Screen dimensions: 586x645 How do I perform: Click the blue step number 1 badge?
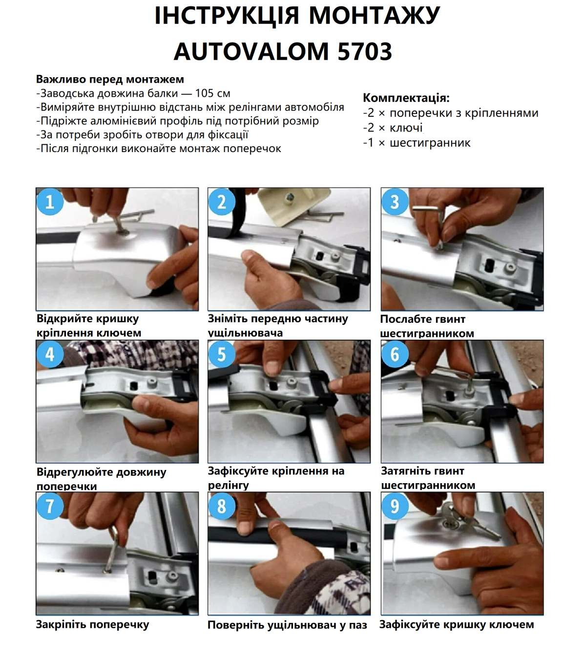click(50, 202)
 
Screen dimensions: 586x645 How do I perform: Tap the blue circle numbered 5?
click(222, 354)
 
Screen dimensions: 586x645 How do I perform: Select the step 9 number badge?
click(395, 506)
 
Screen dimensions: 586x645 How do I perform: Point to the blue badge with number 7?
click(50, 506)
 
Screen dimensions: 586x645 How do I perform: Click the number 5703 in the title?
click(364, 51)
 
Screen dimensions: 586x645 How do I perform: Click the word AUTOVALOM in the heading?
click(251, 51)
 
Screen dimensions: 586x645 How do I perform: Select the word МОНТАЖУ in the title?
click(374, 16)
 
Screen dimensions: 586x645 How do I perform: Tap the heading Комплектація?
click(406, 98)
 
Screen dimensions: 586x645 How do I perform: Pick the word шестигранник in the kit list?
click(430, 143)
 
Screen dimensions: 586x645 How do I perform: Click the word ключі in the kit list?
click(406, 128)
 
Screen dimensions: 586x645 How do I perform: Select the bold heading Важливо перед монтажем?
click(110, 79)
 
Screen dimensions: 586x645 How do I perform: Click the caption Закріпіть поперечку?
click(92, 624)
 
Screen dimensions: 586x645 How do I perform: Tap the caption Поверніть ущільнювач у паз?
click(287, 625)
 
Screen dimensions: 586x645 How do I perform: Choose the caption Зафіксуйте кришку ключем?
click(456, 624)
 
